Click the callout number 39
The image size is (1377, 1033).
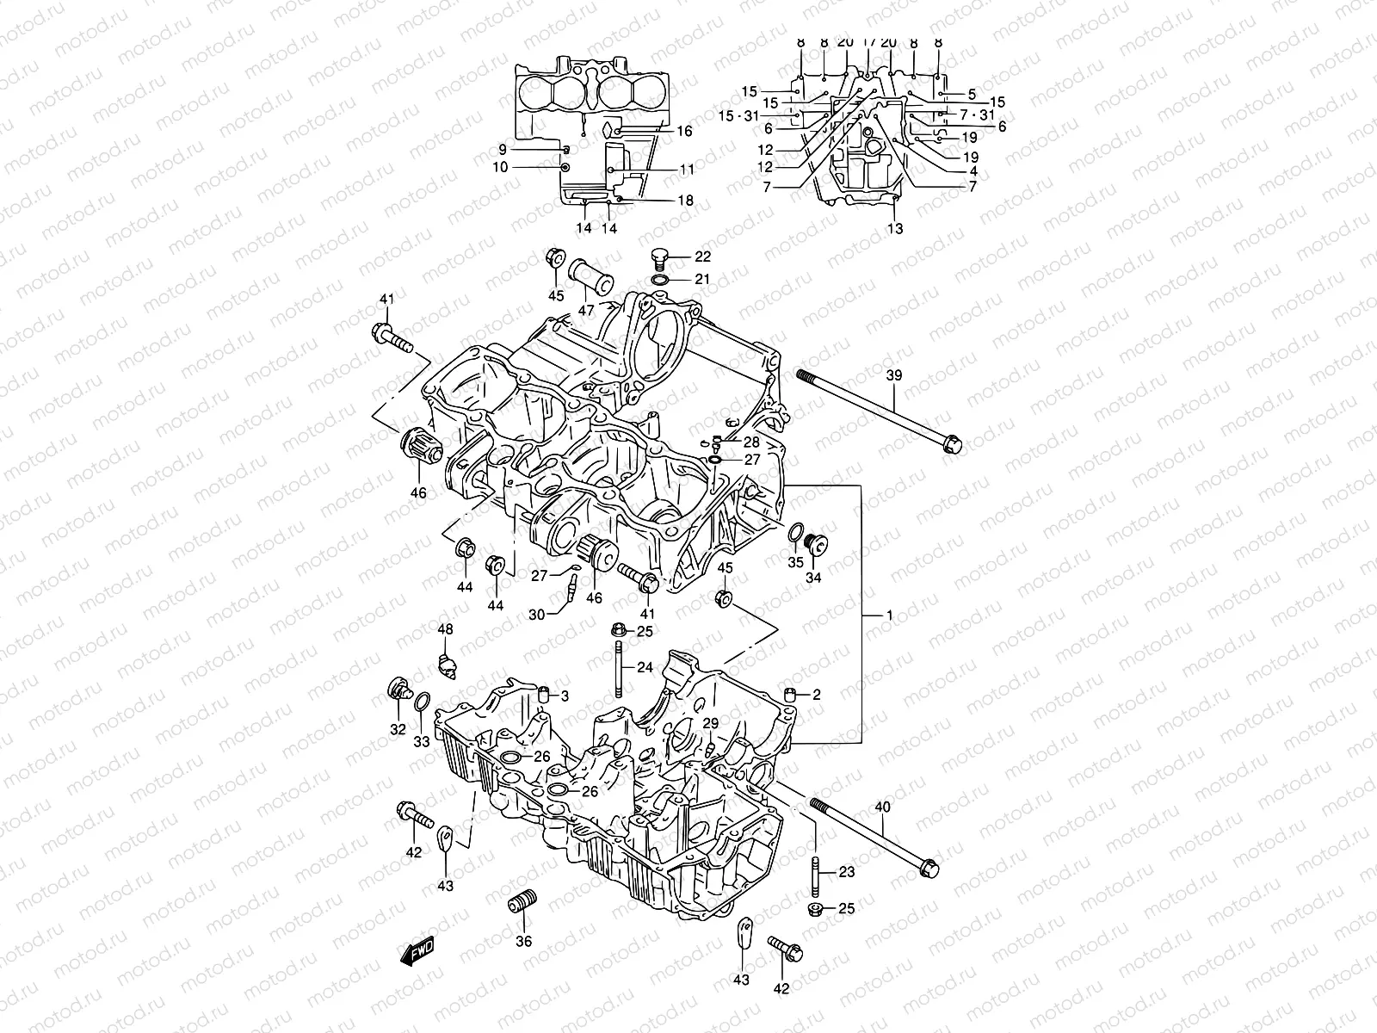895,375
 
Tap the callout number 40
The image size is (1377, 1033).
883,807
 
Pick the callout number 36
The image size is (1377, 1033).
524,941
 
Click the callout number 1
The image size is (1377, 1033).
889,615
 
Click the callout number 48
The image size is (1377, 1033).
444,630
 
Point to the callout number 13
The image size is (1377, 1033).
895,228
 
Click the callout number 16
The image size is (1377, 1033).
684,131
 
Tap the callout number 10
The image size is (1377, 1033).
500,167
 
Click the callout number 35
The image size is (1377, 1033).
795,561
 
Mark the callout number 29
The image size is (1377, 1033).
710,723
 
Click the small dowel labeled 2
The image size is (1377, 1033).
789,695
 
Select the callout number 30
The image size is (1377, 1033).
537,615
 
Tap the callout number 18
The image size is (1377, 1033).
684,201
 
